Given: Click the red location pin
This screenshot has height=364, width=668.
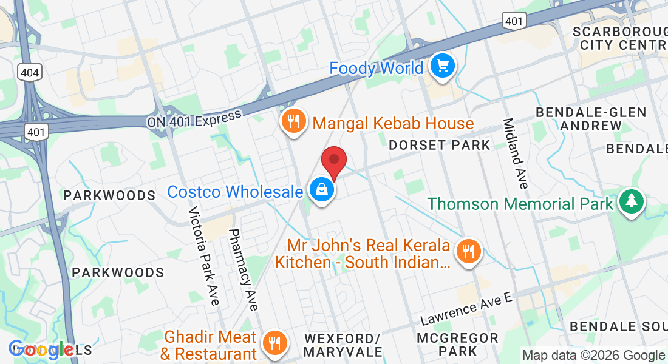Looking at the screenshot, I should [333, 160].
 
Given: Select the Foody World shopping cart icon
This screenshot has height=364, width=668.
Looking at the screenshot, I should [443, 66].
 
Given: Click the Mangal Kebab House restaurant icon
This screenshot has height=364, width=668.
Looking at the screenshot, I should [293, 122].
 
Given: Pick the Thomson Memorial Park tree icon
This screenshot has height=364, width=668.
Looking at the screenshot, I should [632, 203].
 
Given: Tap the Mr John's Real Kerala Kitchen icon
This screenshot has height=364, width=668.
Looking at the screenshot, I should [468, 251].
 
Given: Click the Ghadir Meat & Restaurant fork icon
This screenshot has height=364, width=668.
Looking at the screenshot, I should [274, 344].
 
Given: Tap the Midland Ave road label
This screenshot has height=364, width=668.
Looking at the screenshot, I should [516, 152].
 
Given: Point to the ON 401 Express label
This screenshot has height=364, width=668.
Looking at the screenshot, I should [194, 118].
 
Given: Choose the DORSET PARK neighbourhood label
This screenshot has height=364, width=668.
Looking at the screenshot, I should [439, 145].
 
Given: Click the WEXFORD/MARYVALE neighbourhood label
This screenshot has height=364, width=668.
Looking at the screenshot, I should [343, 345].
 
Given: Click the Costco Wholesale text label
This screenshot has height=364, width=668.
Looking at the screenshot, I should [235, 192].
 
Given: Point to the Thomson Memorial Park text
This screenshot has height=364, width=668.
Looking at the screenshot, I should [520, 203].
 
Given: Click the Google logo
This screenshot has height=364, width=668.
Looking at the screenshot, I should [41, 350].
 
